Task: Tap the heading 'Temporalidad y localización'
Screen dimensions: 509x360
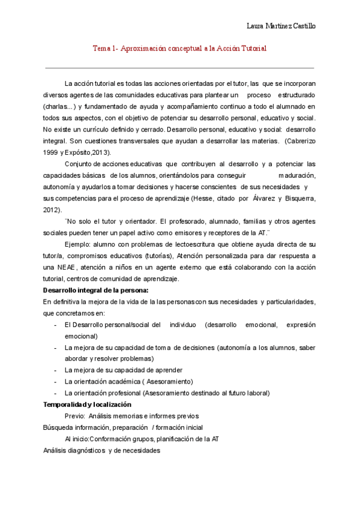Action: click(83, 405)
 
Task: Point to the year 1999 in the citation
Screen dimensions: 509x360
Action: click(52, 153)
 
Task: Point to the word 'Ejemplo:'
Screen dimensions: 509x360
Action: click(77, 244)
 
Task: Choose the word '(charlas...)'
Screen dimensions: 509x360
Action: click(59, 107)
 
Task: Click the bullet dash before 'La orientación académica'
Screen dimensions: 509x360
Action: click(56, 382)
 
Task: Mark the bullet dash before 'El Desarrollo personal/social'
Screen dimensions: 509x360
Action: click(56, 325)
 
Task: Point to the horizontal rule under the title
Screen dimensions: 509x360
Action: click(180, 68)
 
